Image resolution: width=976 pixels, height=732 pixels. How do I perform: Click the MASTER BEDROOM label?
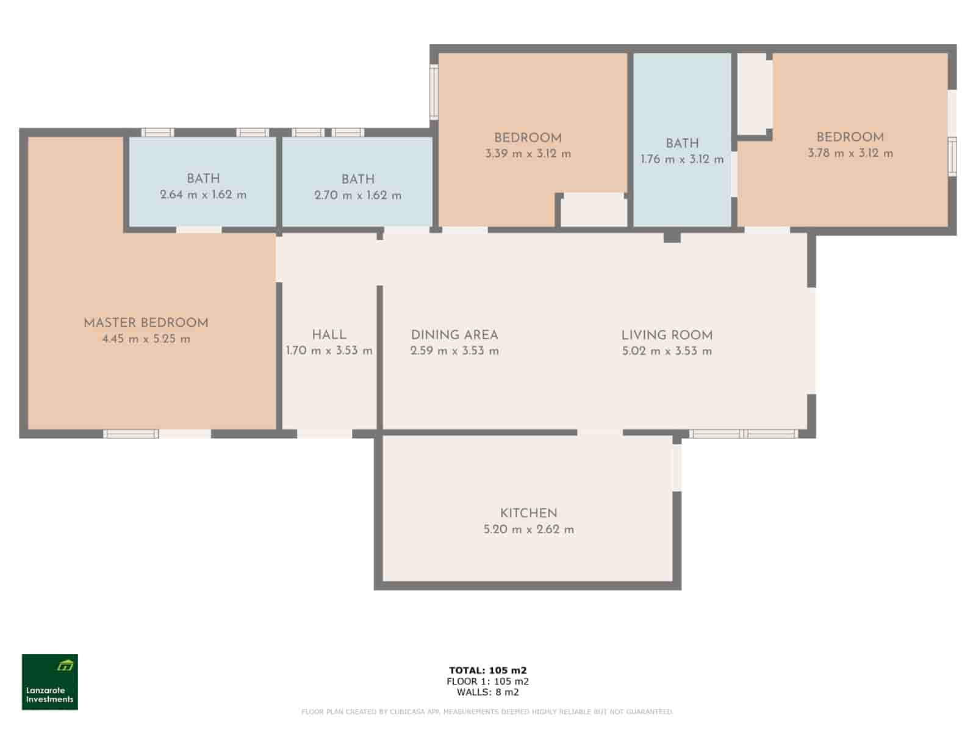coord(146,323)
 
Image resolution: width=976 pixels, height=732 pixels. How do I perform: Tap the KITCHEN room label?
coord(528,513)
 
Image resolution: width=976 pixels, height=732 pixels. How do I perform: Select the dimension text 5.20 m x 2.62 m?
coord(528,529)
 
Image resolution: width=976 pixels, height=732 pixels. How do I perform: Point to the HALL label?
coord(329,334)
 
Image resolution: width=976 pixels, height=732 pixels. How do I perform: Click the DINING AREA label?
coord(454,335)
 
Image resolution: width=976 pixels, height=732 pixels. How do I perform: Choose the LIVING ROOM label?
coord(667,335)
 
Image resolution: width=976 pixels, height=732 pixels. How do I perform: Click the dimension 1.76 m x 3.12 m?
coord(682,159)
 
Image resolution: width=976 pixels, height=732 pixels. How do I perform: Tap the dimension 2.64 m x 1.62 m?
coord(203,195)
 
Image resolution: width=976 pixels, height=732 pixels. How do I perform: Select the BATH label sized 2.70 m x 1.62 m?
coord(358,179)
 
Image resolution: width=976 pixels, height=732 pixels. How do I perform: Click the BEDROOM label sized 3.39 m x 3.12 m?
coord(528,138)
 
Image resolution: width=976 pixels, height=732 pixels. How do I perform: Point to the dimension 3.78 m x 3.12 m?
coord(850,153)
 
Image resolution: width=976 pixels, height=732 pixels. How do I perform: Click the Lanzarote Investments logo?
coord(50,682)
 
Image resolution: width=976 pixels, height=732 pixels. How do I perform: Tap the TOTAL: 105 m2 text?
coord(487,670)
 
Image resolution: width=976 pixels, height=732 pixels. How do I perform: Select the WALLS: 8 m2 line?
coord(487,692)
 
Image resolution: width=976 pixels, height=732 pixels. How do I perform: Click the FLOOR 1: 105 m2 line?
coord(487,681)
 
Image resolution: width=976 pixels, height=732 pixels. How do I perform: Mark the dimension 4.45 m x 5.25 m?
coord(146,339)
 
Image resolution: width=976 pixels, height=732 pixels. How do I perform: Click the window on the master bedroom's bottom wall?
coord(131,434)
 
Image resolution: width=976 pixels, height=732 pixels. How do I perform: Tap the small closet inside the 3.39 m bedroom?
coord(594,211)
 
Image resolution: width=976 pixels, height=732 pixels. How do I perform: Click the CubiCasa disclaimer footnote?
coord(487,712)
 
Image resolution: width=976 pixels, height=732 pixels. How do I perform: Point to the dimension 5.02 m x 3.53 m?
coord(667,351)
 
